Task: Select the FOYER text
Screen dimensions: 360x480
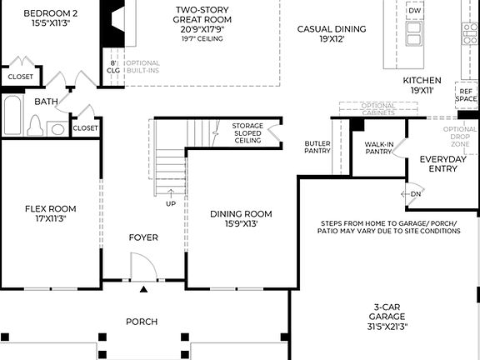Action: [143, 237]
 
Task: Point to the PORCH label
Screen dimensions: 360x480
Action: [142, 321]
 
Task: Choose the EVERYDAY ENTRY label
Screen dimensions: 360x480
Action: [442, 163]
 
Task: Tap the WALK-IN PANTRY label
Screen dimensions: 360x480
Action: [378, 147]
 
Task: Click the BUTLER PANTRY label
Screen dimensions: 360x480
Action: [317, 147]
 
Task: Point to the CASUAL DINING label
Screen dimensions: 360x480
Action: [332, 33]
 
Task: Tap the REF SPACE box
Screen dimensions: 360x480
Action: [466, 94]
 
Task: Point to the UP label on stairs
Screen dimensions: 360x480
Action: [171, 203]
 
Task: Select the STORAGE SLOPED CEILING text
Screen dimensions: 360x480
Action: [247, 132]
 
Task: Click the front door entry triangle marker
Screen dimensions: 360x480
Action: [143, 289]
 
